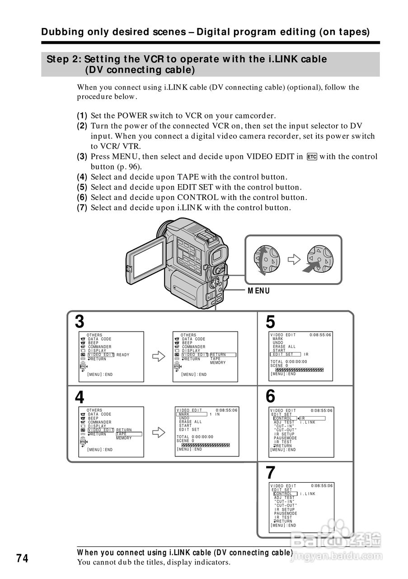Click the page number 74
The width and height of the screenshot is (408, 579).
click(23, 559)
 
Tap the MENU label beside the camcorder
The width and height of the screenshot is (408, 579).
click(258, 291)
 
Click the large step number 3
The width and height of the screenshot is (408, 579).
click(80, 322)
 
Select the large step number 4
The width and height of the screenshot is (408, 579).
click(80, 397)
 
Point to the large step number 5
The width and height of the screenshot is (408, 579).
click(270, 322)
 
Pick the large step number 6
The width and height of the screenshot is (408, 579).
click(270, 397)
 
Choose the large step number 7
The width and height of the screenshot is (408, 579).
click(270, 473)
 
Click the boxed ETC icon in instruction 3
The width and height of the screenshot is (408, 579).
click(311, 157)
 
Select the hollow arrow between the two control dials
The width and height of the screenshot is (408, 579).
click(294, 260)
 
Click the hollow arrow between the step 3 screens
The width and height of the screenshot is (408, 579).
click(159, 357)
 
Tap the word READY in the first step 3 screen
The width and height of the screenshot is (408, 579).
click(123, 355)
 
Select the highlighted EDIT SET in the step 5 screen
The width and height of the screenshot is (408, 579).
click(284, 355)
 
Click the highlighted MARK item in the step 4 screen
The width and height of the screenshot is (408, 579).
click(184, 414)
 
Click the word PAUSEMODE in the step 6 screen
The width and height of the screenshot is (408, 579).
click(286, 438)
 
